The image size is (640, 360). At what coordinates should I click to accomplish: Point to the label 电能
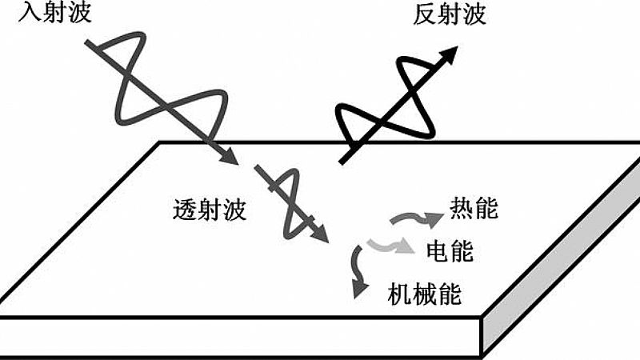450,251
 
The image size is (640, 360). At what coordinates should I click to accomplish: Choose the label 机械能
424,293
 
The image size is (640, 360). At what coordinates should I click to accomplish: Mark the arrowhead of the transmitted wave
322,236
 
